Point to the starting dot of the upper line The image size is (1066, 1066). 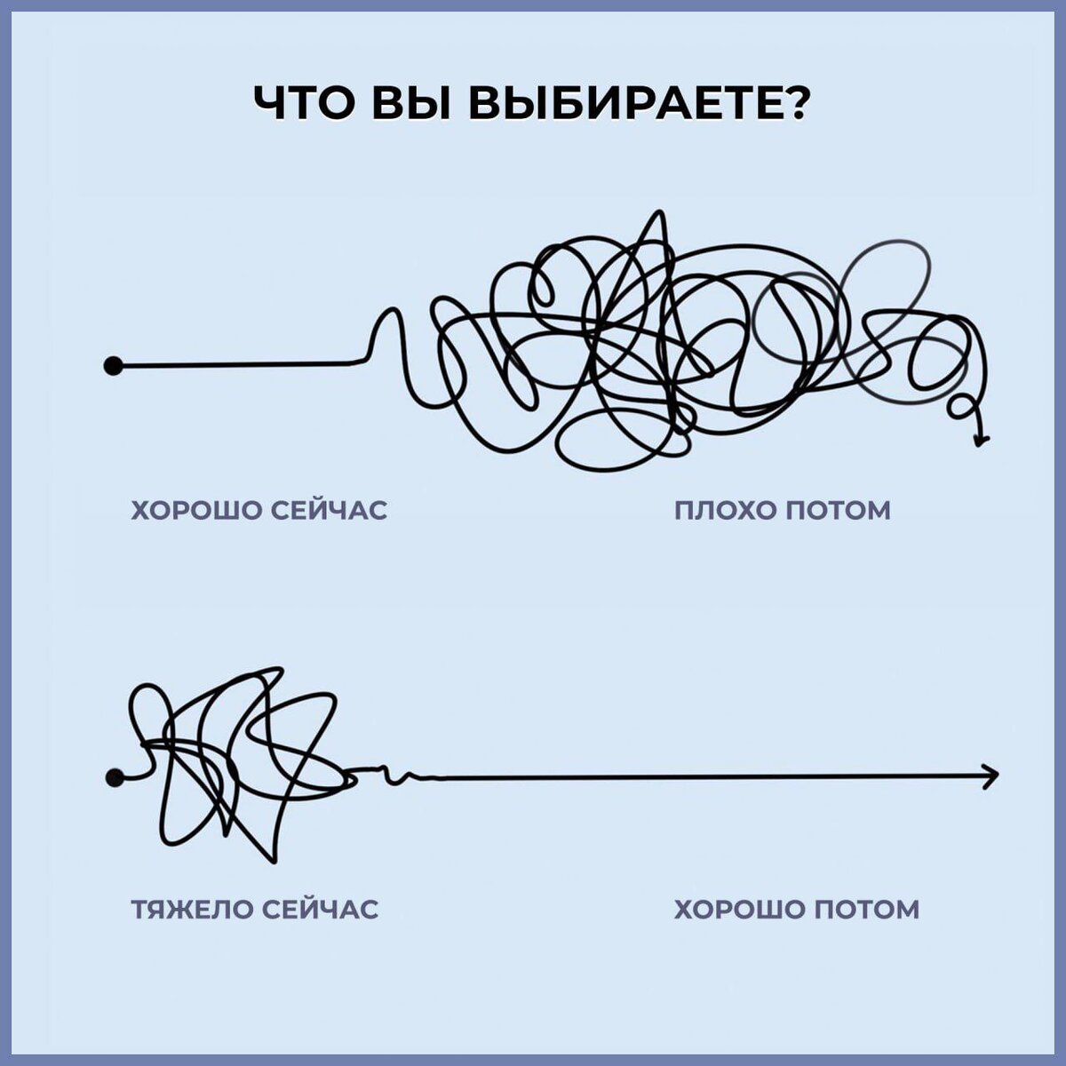112,365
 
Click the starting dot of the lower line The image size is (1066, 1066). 114,778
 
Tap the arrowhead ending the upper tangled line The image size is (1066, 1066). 982,436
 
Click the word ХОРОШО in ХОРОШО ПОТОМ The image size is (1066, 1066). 739,910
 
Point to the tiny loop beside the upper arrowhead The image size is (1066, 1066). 959,409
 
